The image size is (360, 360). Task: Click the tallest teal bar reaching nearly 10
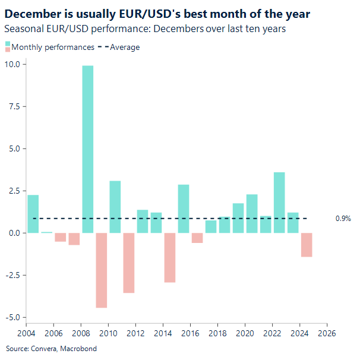87,149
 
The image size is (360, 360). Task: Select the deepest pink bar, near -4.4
101,270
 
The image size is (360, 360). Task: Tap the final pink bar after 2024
306,245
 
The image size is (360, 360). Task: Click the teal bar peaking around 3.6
279,202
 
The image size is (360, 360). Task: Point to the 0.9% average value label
343,219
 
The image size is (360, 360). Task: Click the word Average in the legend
125,47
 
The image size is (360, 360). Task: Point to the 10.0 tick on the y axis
13,64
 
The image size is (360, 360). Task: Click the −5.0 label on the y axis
12,317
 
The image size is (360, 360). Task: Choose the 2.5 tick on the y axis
14,191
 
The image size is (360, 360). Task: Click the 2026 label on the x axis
326,333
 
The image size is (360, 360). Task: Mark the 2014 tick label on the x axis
163,333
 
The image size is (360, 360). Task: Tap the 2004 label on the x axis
27,333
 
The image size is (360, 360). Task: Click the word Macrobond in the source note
78,349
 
